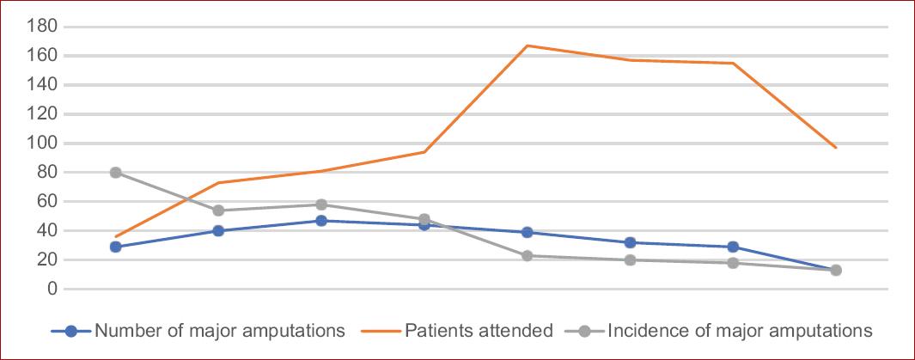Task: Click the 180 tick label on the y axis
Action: pos(45,27)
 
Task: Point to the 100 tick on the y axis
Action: pos(45,143)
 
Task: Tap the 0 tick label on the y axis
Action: pos(52,289)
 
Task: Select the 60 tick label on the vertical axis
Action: pos(48,202)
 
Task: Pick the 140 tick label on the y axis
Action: pos(45,85)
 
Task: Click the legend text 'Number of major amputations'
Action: pos(220,331)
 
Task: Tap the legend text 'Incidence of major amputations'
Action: pos(740,331)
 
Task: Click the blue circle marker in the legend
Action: pos(72,331)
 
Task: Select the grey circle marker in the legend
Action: pos(584,331)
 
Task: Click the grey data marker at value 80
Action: pos(115,173)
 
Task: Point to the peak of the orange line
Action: pos(527,46)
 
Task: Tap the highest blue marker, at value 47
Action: pos(321,221)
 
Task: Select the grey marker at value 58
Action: pos(321,204)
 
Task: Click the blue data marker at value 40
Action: pos(218,230)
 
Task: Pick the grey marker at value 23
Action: pos(527,255)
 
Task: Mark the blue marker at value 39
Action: pos(527,232)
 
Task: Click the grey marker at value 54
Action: pos(218,211)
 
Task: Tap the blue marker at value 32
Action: pos(630,242)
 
